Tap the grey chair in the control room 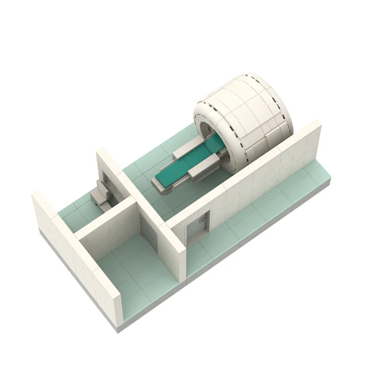102,194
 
